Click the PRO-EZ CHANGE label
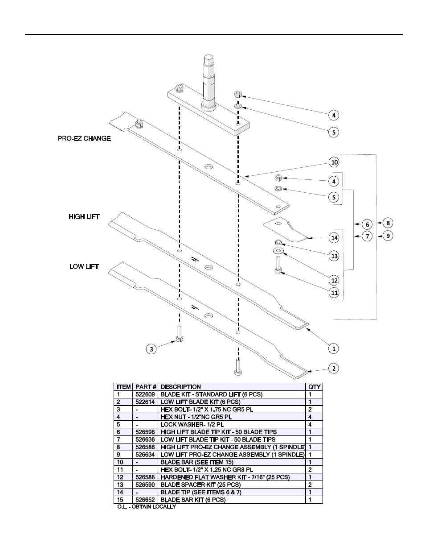tap(84, 139)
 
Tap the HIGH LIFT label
tap(84, 217)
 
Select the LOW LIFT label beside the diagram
tap(84, 267)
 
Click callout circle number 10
tap(334, 162)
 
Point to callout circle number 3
tap(151, 349)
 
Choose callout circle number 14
tap(334, 238)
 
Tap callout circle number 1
tap(334, 348)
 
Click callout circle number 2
tap(334, 369)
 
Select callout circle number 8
tap(388, 223)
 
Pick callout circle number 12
tap(334, 280)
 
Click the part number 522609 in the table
tap(145, 394)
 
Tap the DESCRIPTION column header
tap(181, 387)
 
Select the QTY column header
tap(314, 387)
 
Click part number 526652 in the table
tap(145, 500)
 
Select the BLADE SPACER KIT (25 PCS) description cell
tap(200, 485)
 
